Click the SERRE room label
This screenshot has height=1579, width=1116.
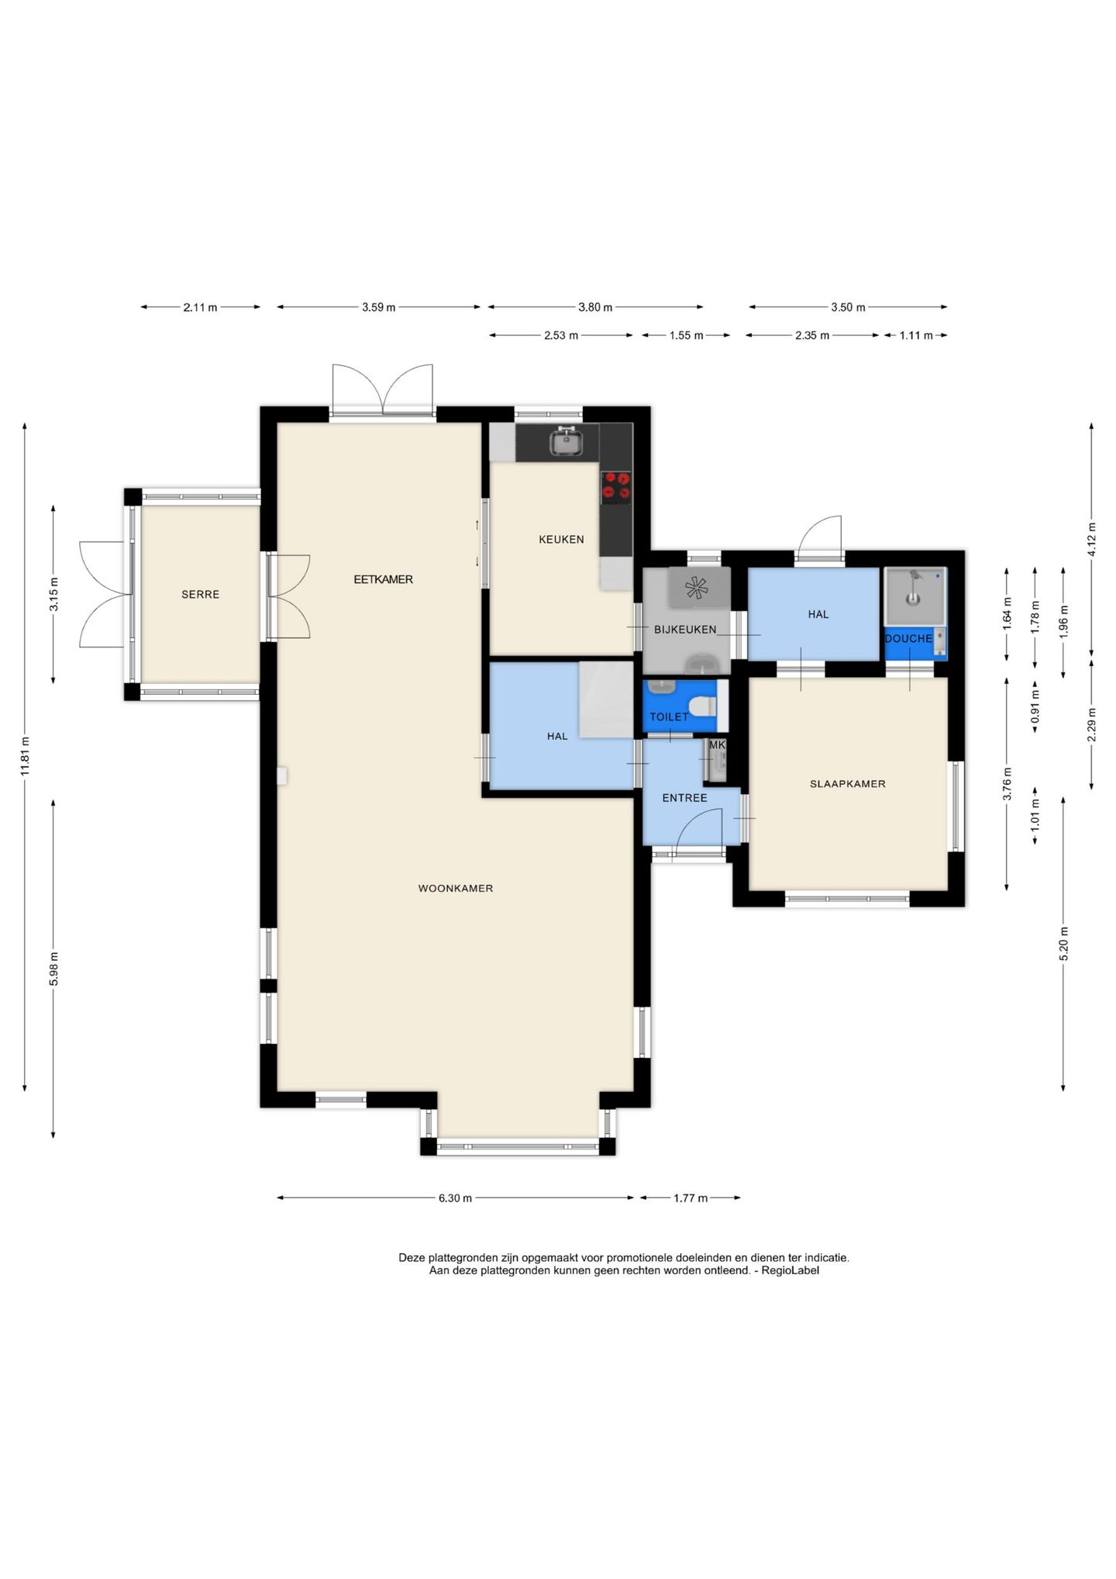pyautogui.click(x=200, y=595)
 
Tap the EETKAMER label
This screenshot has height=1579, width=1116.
pyautogui.click(x=383, y=579)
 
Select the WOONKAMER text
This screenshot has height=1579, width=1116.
pyautogui.click(x=456, y=889)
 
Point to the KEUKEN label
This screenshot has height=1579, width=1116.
pyautogui.click(x=561, y=540)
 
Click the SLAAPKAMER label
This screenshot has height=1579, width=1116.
pyautogui.click(x=847, y=784)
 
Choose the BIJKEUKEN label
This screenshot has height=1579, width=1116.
pyautogui.click(x=685, y=630)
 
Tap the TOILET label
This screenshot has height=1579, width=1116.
pyautogui.click(x=669, y=717)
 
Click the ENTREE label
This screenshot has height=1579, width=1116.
pyautogui.click(x=684, y=798)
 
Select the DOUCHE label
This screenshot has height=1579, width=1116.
pyautogui.click(x=908, y=639)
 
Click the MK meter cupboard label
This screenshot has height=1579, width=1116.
pyautogui.click(x=718, y=745)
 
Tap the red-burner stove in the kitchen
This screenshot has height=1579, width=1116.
pyautogui.click(x=617, y=486)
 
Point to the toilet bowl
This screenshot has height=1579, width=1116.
pyautogui.click(x=704, y=707)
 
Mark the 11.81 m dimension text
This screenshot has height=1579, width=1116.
pyautogui.click(x=25, y=756)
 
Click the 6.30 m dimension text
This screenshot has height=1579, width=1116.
pyautogui.click(x=455, y=1198)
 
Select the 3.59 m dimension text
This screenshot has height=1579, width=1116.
pyautogui.click(x=378, y=307)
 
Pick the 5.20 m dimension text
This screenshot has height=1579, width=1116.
pyautogui.click(x=1063, y=944)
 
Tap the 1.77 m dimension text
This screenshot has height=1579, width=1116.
pyautogui.click(x=691, y=1198)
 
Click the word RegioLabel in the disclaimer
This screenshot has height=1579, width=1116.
pyautogui.click(x=790, y=1271)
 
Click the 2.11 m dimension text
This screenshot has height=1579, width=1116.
pyautogui.click(x=200, y=307)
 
